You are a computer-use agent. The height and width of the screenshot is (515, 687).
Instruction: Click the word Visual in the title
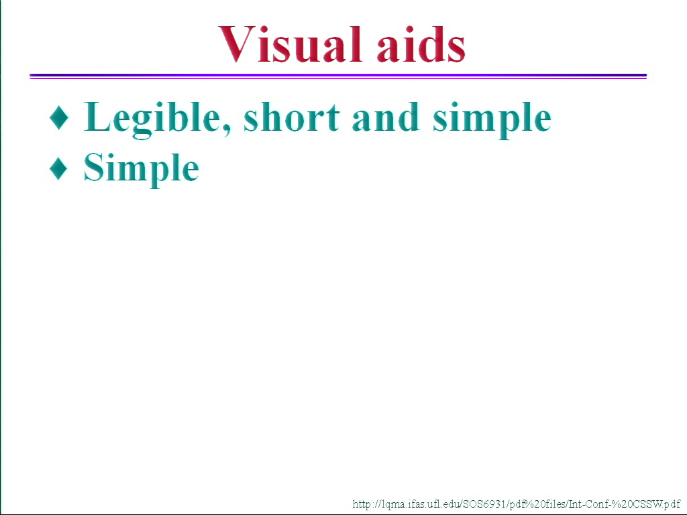tap(290, 44)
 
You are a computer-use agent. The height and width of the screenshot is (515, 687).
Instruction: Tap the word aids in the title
tap(421, 44)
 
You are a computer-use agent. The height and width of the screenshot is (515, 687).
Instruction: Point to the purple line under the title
tap(338, 76)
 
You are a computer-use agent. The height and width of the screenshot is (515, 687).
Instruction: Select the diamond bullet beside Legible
tap(59, 117)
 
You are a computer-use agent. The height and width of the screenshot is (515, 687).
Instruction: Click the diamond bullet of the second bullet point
tap(59, 168)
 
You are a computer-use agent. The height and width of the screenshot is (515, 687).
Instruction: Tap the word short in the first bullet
tap(291, 117)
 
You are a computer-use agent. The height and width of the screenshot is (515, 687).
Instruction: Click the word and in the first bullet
tap(384, 117)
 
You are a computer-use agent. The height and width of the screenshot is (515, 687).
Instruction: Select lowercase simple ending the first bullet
tap(492, 119)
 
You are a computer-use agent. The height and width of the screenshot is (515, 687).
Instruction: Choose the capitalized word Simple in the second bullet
tap(141, 170)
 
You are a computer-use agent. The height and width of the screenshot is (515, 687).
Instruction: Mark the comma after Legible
tap(227, 130)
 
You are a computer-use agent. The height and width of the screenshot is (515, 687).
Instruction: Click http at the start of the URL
tap(362, 504)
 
